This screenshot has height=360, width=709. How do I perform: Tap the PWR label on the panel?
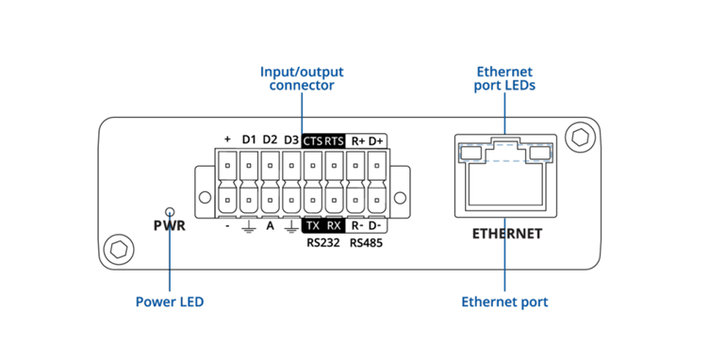[x=170, y=227]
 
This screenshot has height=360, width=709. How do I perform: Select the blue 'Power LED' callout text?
[x=170, y=303]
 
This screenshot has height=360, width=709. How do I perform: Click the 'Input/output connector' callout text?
[x=302, y=78]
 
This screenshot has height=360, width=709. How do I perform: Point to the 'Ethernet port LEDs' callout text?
[x=504, y=78]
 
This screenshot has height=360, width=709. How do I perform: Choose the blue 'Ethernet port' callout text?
[x=504, y=303]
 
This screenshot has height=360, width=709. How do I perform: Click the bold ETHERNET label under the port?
[x=507, y=233]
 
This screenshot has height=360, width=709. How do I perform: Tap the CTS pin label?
[x=313, y=140]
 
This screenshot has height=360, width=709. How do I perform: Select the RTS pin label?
[x=335, y=140]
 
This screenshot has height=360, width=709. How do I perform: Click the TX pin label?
[x=313, y=226]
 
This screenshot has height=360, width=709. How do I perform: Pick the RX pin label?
[x=335, y=226]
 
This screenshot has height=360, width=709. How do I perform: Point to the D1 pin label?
[x=249, y=139]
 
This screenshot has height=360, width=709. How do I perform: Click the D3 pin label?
[x=291, y=139]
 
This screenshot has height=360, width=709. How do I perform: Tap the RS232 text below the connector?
[x=323, y=243]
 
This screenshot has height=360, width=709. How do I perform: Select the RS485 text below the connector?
[x=366, y=243]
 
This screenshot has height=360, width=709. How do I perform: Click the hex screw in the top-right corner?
[x=578, y=138]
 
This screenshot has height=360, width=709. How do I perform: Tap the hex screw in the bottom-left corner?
[x=118, y=250]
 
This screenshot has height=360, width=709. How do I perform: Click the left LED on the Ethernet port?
[x=469, y=152]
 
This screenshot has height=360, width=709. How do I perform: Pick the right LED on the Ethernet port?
[x=539, y=152]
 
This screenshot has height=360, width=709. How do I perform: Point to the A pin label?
[x=270, y=226]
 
